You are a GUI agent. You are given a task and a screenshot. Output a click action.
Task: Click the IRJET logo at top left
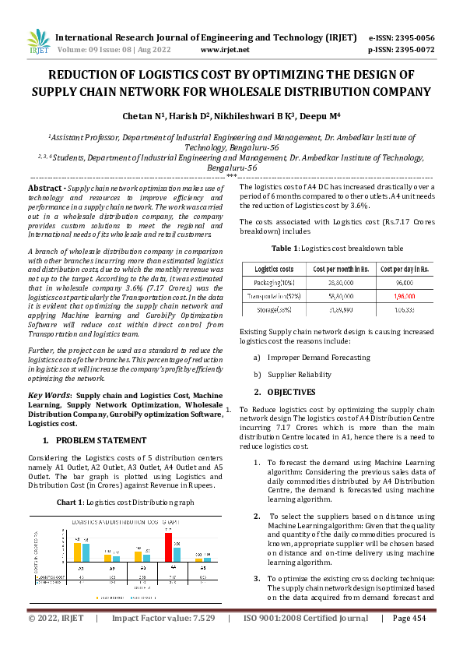37,42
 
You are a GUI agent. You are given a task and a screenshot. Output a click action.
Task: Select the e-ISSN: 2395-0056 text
402,37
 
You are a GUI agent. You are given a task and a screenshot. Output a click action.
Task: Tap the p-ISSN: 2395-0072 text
402,49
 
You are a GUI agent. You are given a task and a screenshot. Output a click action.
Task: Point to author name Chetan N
144,116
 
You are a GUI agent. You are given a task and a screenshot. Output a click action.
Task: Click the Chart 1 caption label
74,503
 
